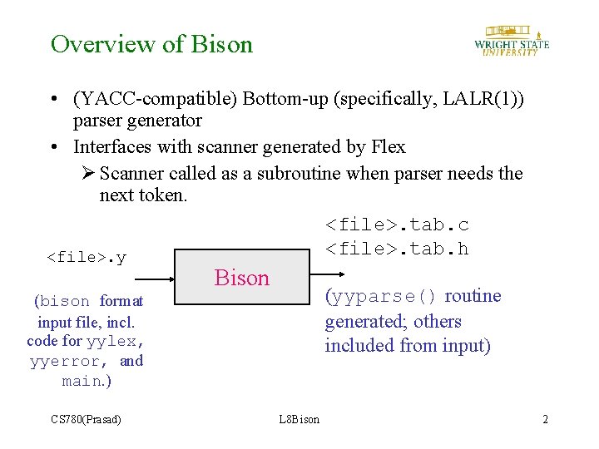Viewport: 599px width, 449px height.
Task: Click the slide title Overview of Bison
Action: point(151,44)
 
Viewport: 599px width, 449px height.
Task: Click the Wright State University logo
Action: point(511,40)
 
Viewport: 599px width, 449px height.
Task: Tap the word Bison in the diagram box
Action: point(242,278)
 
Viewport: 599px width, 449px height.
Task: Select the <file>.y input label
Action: point(87,257)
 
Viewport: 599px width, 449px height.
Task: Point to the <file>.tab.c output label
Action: point(397,225)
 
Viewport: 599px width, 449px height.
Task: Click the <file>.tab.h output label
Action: point(397,249)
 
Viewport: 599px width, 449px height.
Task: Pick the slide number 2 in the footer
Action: point(545,419)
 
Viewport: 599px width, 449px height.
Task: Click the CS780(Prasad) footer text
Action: point(86,419)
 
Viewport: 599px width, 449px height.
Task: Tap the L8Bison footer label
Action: point(299,419)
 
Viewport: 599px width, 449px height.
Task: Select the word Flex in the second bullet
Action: point(388,147)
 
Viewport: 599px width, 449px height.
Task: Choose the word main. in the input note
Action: point(86,381)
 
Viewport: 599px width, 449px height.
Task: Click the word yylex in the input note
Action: point(116,341)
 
